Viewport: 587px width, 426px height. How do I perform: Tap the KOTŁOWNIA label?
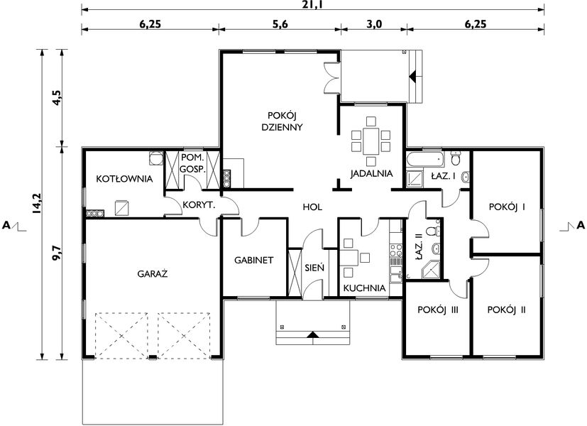click(x=124, y=179)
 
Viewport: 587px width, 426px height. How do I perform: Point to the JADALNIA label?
click(x=371, y=173)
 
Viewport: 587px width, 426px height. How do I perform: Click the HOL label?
click(x=312, y=207)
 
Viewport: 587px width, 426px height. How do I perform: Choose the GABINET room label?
click(x=254, y=261)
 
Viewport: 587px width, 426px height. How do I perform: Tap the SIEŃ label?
click(x=314, y=268)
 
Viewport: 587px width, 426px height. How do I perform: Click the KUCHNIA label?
click(x=364, y=289)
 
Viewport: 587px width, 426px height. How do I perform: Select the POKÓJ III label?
click(x=437, y=310)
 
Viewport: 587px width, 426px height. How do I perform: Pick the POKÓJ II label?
click(x=507, y=310)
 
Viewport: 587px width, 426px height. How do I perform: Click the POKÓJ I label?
click(x=507, y=207)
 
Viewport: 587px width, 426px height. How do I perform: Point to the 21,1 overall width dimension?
click(x=313, y=4)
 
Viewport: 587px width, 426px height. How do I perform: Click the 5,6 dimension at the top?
click(x=279, y=23)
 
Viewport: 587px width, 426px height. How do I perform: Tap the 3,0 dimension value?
click(x=374, y=23)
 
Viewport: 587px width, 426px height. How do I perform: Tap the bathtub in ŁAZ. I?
click(x=424, y=157)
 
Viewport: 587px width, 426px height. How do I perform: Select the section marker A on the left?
click(x=6, y=226)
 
